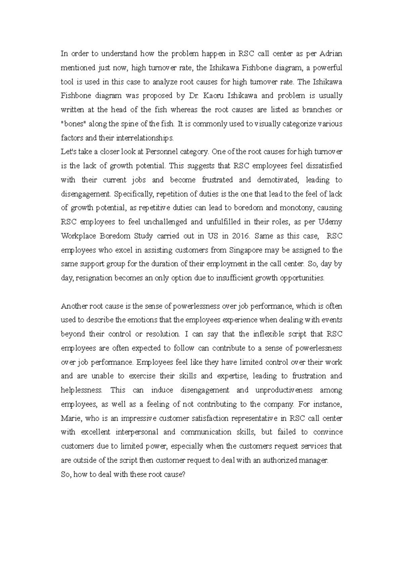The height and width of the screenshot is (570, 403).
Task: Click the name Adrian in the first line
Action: pyautogui.click(x=330, y=54)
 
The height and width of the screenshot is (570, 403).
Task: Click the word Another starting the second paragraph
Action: pyautogui.click(x=74, y=306)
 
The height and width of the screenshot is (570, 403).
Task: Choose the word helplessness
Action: pyautogui.click(x=81, y=390)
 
